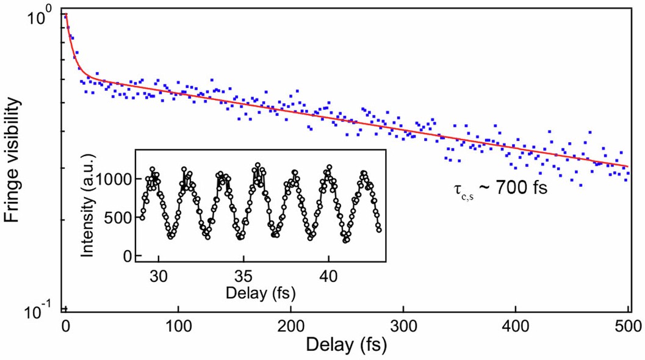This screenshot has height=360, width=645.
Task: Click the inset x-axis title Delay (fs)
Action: click(x=261, y=293)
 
